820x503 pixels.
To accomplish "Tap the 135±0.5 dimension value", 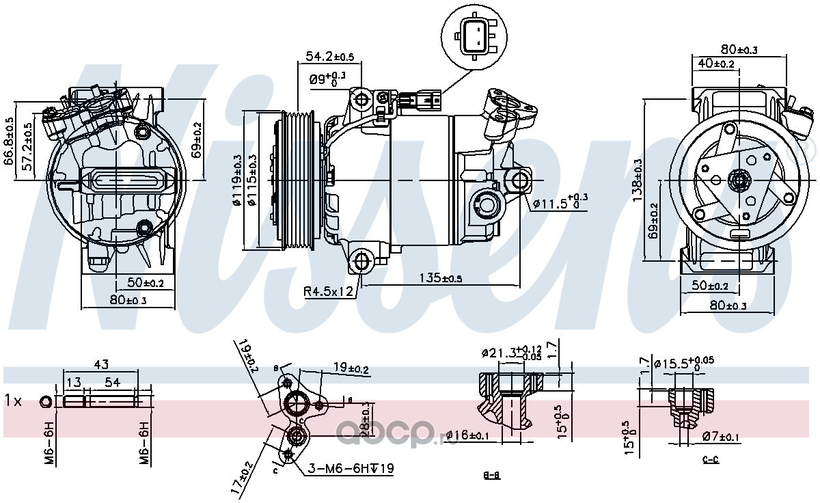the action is coord(440,277).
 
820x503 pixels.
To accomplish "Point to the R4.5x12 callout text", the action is coord(329,292).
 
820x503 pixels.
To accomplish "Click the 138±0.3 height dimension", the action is coord(637,180).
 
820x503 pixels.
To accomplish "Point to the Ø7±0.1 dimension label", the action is coord(719,437).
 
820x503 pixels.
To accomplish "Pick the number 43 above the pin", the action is coord(101,364).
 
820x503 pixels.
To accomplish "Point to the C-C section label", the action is coord(711,459).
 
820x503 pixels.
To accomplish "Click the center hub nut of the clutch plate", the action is coord(738,181).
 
